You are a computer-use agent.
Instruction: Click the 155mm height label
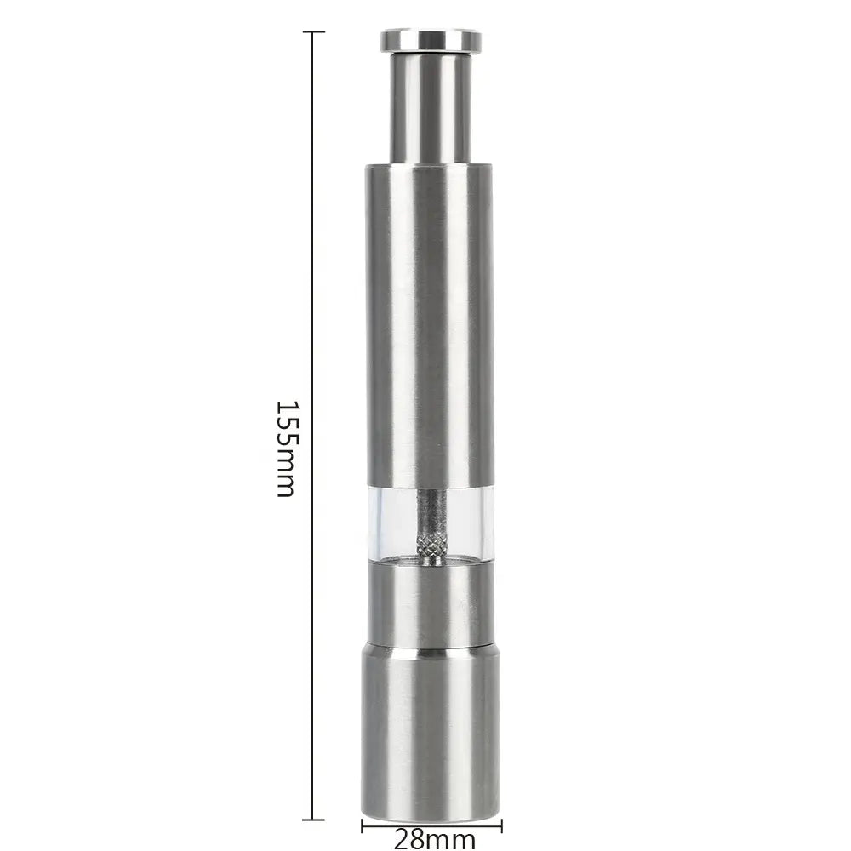(x=286, y=448)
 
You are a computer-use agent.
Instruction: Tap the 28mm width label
(x=434, y=839)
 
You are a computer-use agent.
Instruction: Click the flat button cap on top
(x=431, y=40)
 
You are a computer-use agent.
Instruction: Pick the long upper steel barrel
(x=430, y=323)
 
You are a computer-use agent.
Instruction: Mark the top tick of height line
(x=313, y=32)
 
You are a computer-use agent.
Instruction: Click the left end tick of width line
(x=363, y=825)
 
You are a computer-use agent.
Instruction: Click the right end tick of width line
(x=501, y=825)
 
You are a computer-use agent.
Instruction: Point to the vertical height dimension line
(x=313, y=255)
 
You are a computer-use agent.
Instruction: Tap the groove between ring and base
(x=430, y=648)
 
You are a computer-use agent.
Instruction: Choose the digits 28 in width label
(x=410, y=839)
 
